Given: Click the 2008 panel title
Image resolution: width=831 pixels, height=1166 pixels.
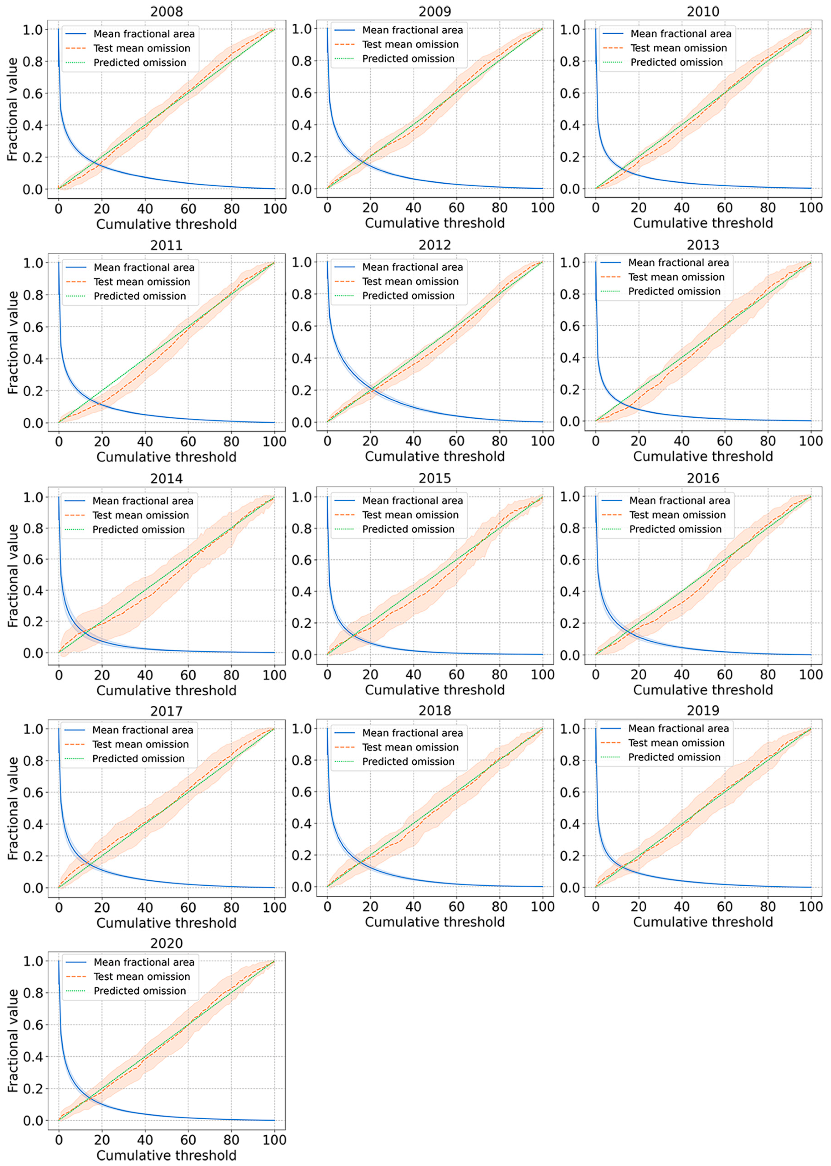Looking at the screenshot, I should click(166, 11).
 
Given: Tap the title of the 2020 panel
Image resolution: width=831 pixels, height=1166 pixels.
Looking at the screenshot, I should click(166, 943).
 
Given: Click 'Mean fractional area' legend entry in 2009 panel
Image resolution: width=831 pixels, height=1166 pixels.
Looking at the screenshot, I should click(412, 30).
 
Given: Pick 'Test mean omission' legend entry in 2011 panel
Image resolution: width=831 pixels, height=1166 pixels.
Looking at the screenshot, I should click(142, 282).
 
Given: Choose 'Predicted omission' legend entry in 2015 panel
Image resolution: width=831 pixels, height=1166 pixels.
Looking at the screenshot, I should click(408, 529).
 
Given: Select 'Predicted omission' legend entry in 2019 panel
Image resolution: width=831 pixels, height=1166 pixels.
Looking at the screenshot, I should click(674, 757).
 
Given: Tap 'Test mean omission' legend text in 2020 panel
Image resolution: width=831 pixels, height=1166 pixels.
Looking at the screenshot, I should click(142, 977).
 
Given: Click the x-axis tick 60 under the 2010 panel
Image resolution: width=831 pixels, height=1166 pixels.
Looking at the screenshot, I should click(725, 208).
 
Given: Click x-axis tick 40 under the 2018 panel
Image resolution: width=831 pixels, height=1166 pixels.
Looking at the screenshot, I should click(413, 907).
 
